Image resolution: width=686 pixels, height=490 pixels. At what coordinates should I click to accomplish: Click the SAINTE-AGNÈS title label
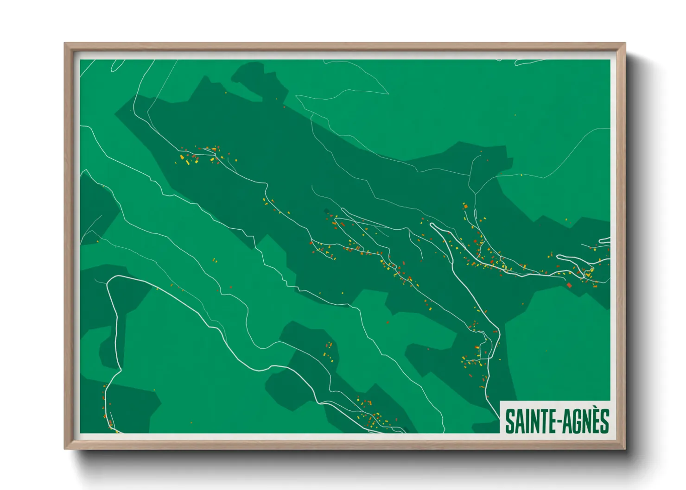556,421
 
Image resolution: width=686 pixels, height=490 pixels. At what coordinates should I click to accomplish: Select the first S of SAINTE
509,421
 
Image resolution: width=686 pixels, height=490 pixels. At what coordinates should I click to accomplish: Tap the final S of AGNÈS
603,421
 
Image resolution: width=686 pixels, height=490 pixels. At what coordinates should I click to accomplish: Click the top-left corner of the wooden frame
65,44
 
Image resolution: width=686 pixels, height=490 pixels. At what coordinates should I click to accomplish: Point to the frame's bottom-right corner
624,448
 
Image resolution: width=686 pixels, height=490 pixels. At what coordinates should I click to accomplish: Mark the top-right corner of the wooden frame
624,44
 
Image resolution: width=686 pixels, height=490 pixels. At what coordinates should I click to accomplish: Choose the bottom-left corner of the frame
65,448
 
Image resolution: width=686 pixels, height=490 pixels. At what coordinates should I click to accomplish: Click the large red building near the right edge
569,285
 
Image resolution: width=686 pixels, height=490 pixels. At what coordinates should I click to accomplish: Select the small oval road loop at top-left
117,65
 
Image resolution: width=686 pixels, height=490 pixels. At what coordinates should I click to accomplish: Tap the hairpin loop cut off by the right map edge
604,240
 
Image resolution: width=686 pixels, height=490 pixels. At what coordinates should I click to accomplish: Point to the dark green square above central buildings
326,211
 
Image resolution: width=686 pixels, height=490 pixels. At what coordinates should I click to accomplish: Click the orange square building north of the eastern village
466,207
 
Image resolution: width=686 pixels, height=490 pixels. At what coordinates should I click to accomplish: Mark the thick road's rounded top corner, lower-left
111,279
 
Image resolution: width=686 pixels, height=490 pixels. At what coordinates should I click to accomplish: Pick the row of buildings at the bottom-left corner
107,408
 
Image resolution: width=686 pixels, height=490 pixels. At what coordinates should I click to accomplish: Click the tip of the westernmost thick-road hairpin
432,225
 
